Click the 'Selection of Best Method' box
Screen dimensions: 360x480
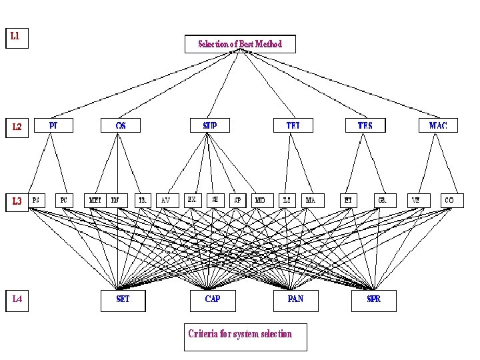240,44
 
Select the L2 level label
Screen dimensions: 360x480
17,126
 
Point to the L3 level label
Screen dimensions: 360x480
17,200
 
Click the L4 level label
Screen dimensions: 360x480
17,300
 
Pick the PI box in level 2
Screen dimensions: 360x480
53,125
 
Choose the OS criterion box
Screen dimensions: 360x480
121,125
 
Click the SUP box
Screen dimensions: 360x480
209,125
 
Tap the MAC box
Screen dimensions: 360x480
438,125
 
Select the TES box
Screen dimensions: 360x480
365,125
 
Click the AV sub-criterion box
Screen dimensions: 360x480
166,199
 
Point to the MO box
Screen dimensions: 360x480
260,199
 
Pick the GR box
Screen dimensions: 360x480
383,199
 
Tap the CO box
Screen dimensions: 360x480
450,199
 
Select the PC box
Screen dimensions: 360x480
63,199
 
